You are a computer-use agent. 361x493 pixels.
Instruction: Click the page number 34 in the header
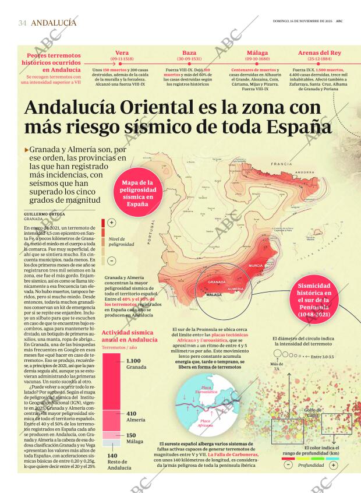[22, 23]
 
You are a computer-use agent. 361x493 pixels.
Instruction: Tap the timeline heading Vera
[122, 52]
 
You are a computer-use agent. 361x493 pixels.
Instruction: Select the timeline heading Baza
[181, 52]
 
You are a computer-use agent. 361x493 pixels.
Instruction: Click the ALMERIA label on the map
[236, 288]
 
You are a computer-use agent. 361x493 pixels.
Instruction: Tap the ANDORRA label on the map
[304, 173]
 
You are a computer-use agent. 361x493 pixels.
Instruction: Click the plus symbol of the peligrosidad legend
[111, 222]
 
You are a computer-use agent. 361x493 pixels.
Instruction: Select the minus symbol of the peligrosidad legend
[111, 260]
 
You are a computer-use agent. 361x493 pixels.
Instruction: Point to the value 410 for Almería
[132, 413]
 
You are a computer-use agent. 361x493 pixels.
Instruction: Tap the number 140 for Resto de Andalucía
[112, 456]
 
